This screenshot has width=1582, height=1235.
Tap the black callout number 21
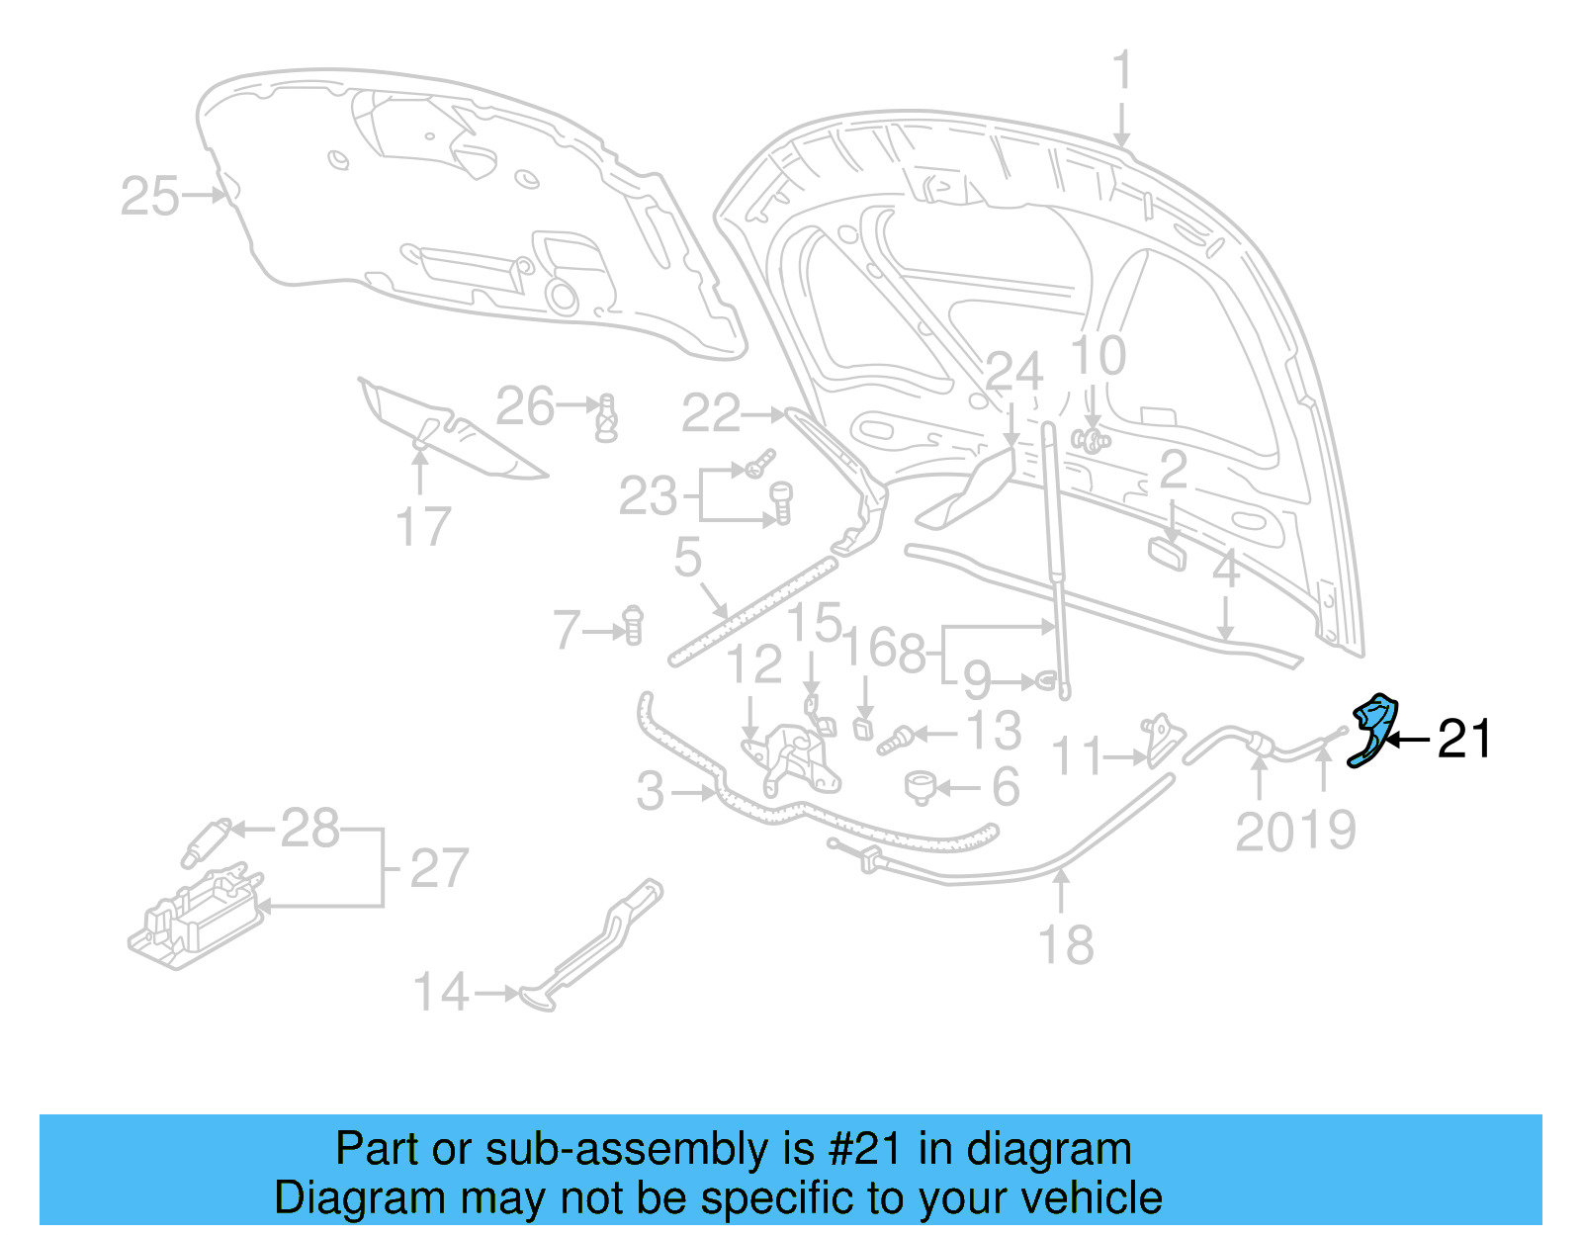point(1463,739)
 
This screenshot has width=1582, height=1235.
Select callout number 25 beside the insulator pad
point(149,196)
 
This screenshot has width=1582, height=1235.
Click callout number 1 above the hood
point(1121,71)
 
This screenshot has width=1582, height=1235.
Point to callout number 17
point(423,526)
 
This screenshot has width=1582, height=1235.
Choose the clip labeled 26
point(606,418)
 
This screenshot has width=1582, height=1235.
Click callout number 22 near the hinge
point(710,413)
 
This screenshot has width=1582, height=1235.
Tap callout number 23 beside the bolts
point(648,496)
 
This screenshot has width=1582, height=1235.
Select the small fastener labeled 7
point(633,625)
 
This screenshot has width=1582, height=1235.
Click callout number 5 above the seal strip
point(687,558)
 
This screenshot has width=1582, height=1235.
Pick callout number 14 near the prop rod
point(440,992)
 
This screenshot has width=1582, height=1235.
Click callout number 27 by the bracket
point(438,868)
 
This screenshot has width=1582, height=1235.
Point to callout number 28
point(309,828)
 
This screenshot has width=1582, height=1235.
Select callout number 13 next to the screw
point(993,732)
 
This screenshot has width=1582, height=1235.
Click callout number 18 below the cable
point(1066,945)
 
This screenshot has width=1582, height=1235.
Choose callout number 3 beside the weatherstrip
point(650,791)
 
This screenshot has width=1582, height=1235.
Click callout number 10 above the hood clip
point(1098,356)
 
